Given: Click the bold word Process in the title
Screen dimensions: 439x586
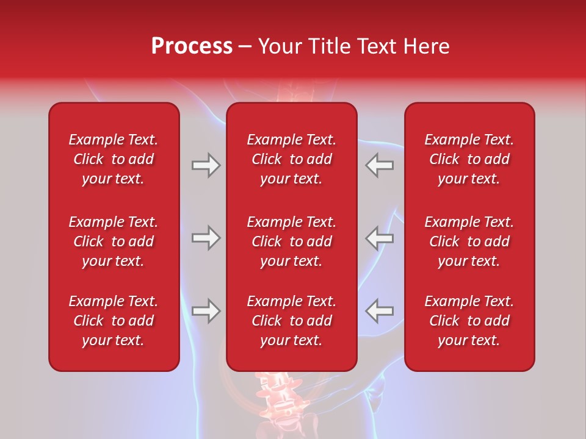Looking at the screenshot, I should [192, 46].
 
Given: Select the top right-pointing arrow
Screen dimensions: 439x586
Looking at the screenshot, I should [206, 165].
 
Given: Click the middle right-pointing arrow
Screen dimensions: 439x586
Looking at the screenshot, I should [206, 238].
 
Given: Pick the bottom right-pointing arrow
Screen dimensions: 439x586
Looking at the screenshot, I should [206, 311].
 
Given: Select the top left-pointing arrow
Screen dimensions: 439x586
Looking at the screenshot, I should [380, 165].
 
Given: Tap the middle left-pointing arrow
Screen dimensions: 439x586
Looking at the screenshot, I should [380, 238].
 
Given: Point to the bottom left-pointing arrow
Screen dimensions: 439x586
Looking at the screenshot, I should [380, 311].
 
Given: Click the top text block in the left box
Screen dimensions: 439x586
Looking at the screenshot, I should [114, 159].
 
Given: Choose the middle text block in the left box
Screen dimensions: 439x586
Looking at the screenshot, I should [114, 241].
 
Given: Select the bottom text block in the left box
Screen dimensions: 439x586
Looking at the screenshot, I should [114, 321].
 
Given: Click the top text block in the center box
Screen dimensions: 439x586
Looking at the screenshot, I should [291, 159].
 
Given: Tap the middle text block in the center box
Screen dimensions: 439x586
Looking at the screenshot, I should [291, 241].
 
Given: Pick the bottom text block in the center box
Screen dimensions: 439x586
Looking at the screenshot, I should [291, 321].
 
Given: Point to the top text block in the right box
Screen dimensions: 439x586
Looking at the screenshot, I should [469, 159].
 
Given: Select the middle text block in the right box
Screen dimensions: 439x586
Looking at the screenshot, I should [469, 241].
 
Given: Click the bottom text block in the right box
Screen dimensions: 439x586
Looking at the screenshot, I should [469, 321].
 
